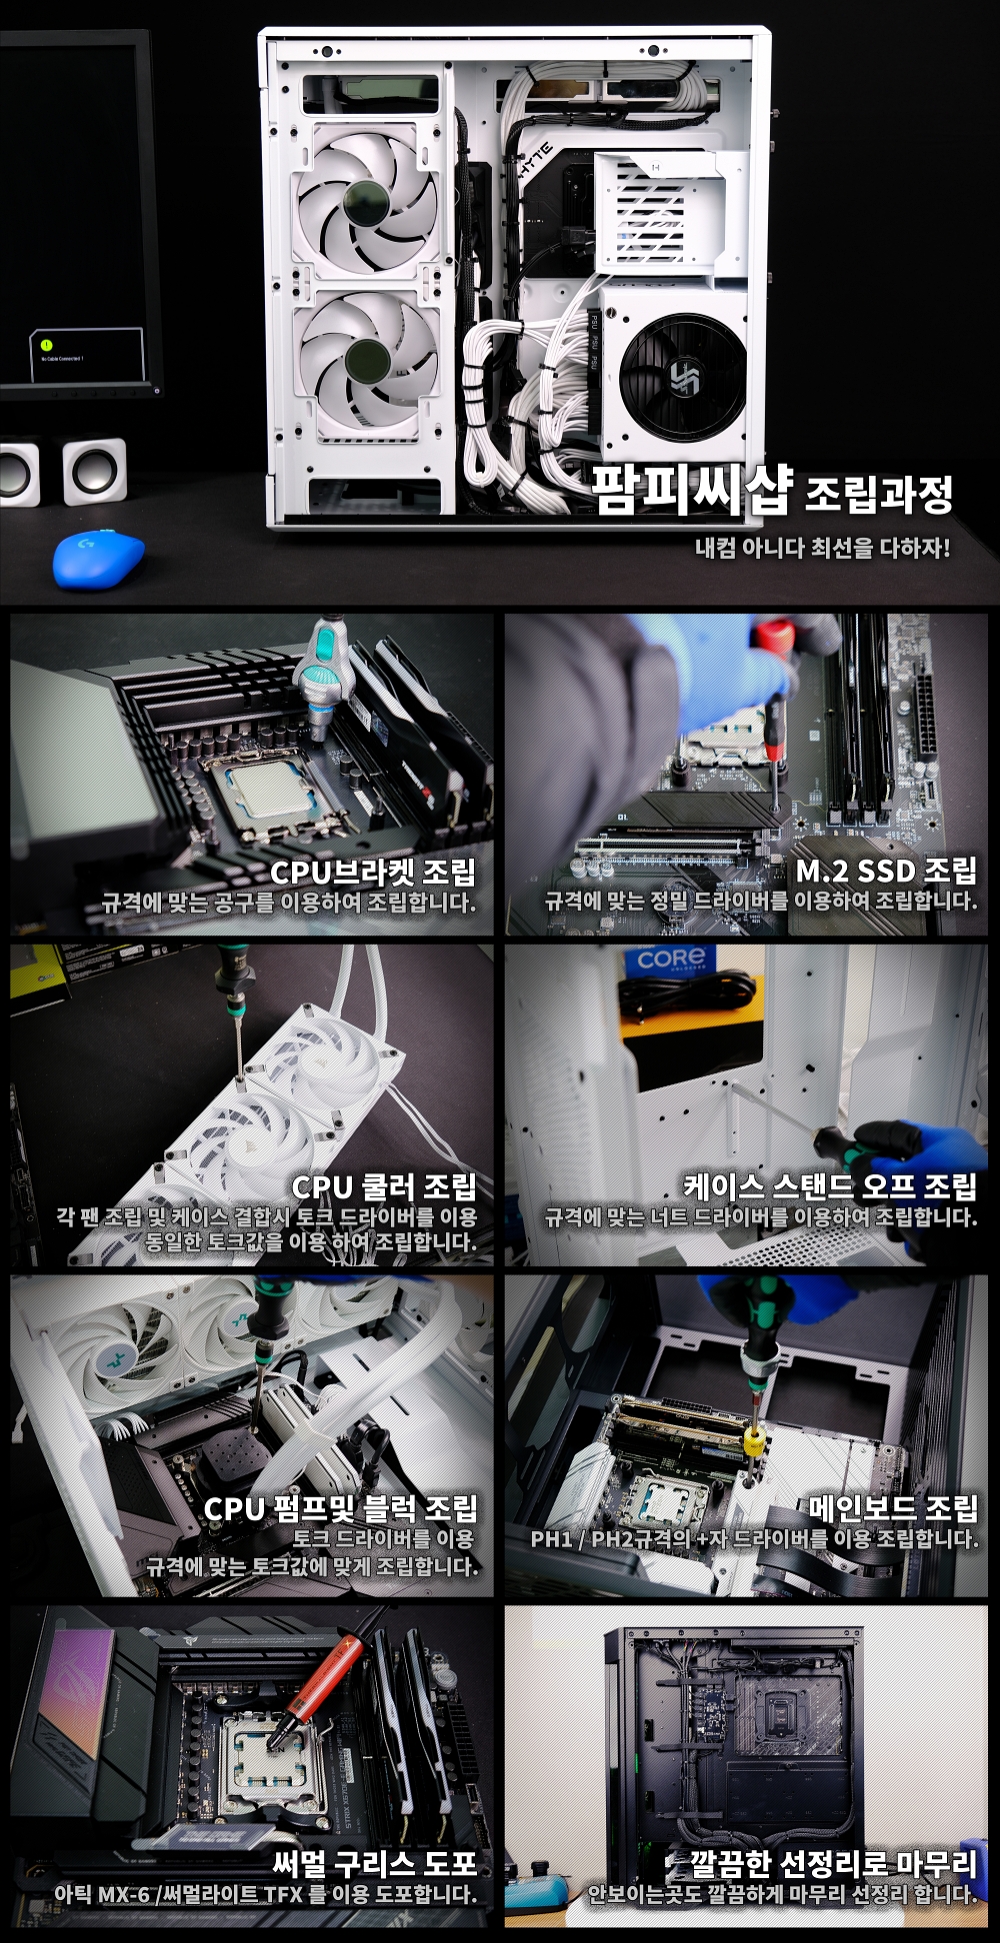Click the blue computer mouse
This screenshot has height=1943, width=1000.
coord(98,556)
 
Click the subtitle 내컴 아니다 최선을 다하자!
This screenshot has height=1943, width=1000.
coord(822,548)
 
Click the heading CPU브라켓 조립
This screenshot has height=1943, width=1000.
coord(373,872)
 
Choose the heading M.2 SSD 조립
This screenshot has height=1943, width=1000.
coord(886,871)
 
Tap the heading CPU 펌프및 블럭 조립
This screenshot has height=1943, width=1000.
coord(341,1508)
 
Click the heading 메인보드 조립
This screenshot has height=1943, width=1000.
coord(893,1508)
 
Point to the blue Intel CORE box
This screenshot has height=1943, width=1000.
coord(671,961)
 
